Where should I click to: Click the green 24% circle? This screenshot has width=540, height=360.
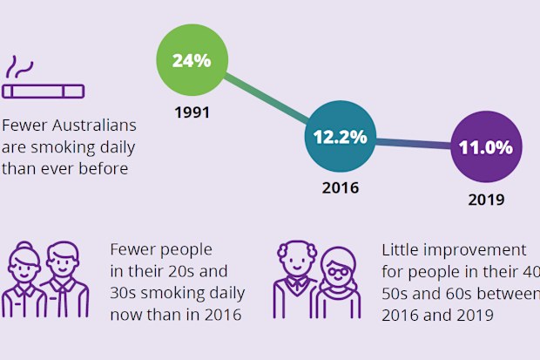[x=192, y=60]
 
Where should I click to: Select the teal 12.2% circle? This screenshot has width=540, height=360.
[x=341, y=137]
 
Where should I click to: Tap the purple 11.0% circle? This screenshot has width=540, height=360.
[x=486, y=147]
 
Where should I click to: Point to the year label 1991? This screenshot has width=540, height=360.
[x=192, y=112]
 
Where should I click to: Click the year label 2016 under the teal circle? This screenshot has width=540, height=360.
[x=341, y=188]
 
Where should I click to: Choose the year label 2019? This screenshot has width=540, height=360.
[x=486, y=200]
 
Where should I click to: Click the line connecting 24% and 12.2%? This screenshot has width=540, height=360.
[x=267, y=98]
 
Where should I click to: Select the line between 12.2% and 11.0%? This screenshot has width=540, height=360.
[x=413, y=144]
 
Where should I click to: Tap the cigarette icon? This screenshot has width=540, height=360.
[x=43, y=92]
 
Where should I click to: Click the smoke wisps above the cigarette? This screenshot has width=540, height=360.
[x=19, y=67]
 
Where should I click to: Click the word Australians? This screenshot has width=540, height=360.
[x=94, y=126]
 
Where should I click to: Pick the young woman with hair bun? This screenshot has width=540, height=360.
[x=24, y=279]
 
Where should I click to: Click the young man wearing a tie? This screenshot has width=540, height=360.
[x=64, y=279]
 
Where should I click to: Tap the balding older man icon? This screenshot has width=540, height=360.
[x=296, y=279]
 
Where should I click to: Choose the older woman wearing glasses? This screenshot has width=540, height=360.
[x=338, y=282]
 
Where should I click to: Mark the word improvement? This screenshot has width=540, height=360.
[x=475, y=250]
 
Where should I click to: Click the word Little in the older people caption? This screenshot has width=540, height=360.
[x=400, y=249]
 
